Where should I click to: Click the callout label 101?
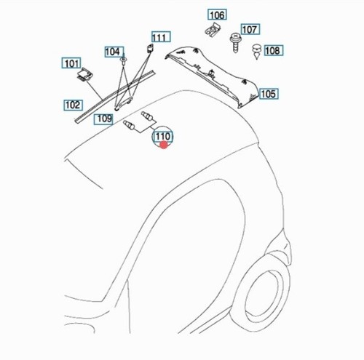71,63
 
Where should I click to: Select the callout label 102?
73,105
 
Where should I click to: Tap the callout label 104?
114,52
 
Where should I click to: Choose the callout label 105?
269,94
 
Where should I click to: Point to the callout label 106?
217,15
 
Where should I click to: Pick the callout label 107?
250,29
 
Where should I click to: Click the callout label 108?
274,50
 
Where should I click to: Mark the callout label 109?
103,119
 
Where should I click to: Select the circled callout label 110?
162,137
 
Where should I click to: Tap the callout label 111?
161,37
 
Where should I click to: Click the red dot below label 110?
164,145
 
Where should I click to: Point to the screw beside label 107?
235,42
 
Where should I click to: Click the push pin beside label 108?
256,51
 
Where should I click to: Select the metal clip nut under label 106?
212,30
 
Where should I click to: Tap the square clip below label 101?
84,74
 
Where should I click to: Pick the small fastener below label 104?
124,60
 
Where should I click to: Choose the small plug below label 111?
151,49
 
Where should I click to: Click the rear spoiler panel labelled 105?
212,75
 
